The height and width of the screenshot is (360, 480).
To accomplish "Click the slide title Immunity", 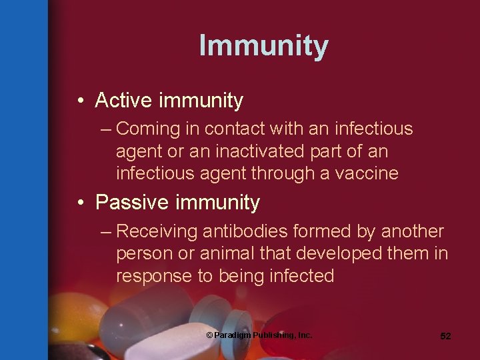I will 263,45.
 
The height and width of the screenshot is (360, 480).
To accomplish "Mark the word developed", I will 349,254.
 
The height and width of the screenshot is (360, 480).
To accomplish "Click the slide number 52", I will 445,336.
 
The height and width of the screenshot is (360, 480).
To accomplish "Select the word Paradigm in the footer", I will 233,335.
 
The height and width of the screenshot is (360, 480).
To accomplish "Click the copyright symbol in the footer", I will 209,335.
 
